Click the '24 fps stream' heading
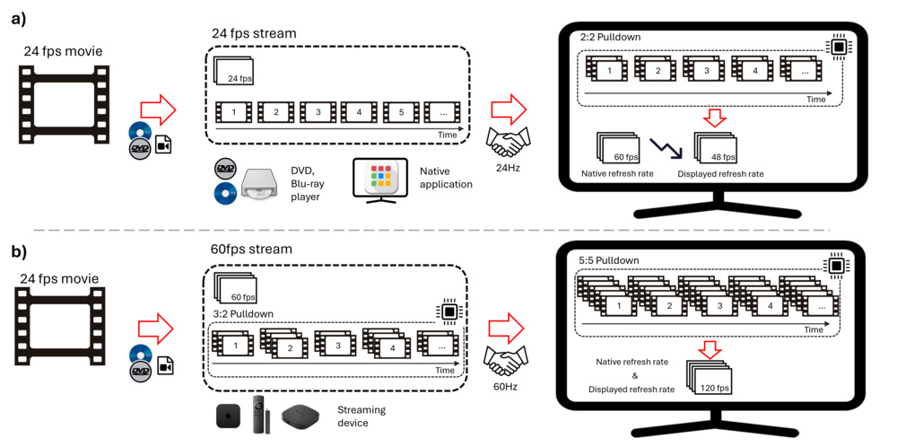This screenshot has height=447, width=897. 254,34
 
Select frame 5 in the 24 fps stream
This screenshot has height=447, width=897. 401,113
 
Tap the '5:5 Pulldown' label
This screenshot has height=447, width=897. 609,260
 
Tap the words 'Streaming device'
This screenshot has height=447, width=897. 361,416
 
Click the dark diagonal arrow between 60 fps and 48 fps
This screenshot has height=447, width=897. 665,147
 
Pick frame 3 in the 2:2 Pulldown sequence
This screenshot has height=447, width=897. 706,70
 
